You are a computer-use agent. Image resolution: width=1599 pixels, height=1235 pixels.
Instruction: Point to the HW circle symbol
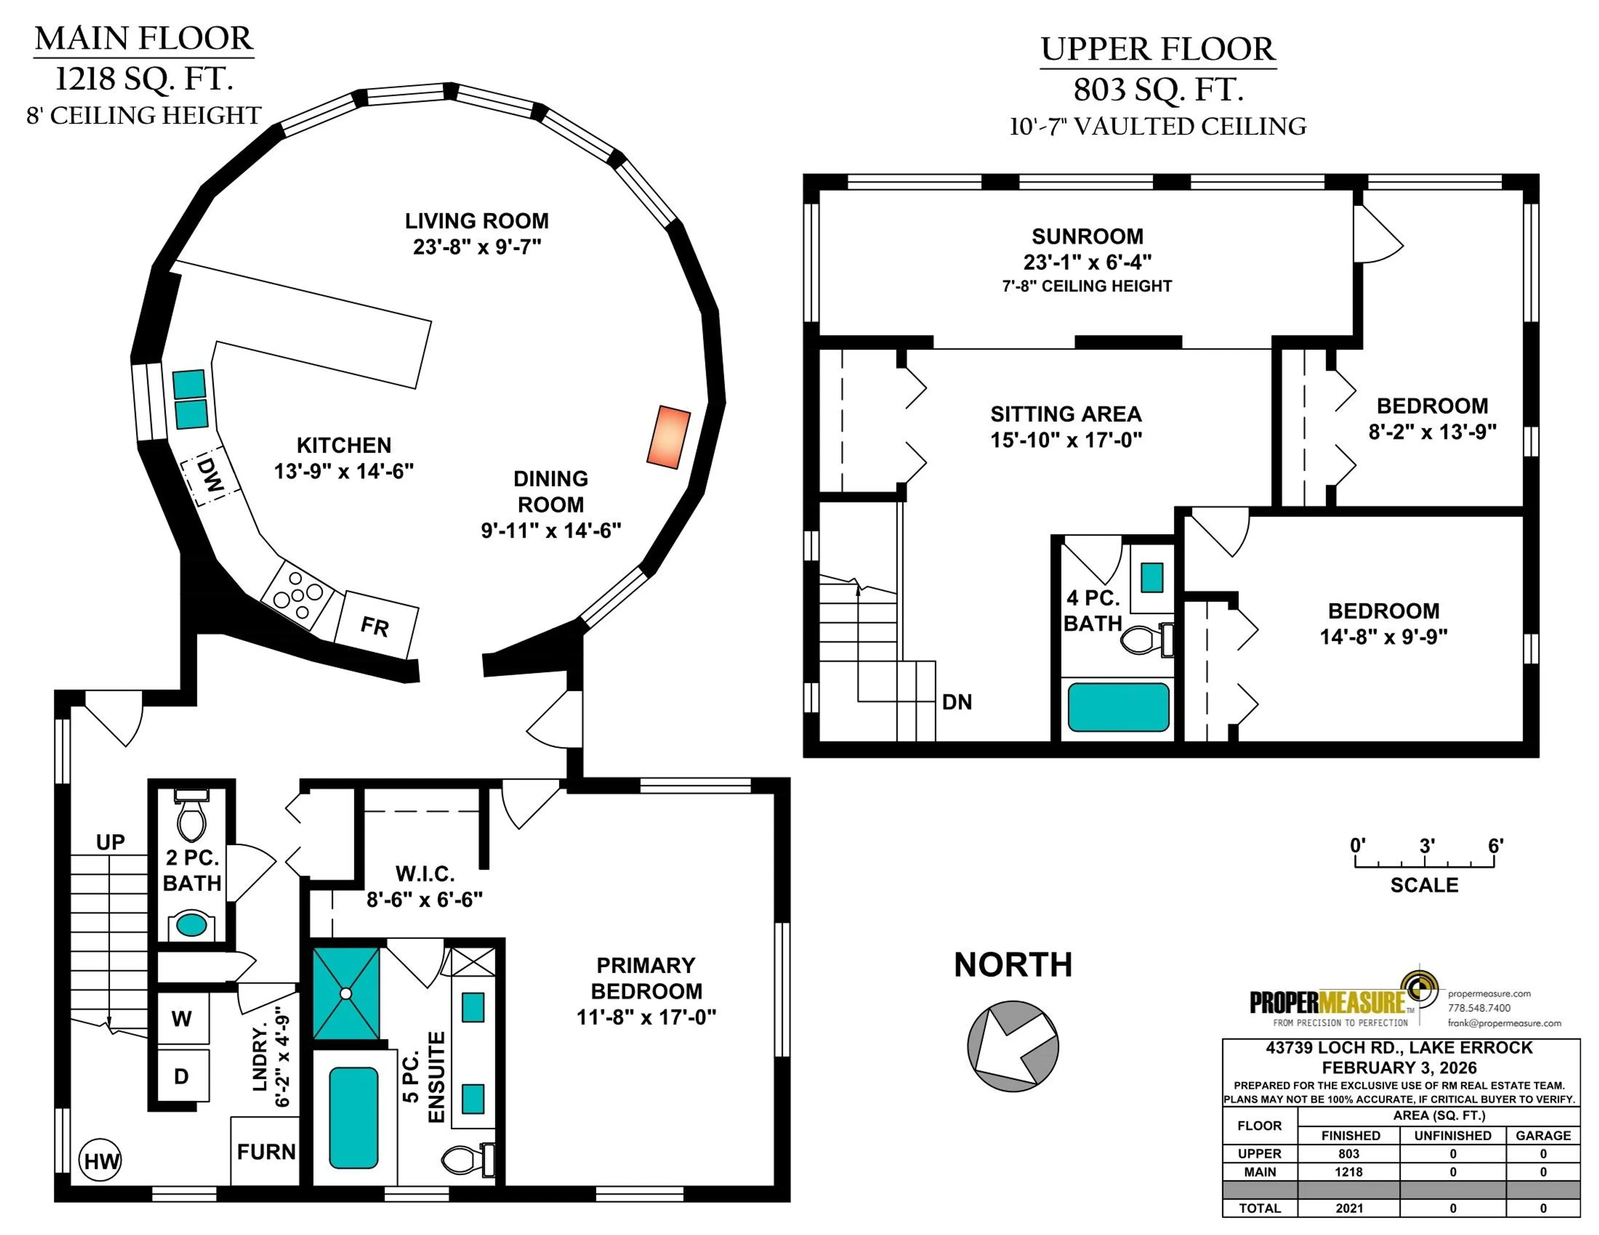pos(100,1160)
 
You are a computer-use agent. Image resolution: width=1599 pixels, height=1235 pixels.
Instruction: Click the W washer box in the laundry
pos(182,1018)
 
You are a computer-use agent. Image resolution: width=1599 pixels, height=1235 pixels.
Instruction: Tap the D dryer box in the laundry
pos(182,1076)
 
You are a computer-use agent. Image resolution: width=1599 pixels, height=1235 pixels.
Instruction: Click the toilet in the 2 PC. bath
pos(192,818)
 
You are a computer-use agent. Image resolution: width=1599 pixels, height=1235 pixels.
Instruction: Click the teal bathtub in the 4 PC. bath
pos(1118,707)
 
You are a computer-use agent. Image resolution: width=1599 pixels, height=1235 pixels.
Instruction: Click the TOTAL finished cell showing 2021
pos(1349,1208)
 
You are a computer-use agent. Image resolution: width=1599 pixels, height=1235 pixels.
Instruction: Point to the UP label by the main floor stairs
pos(110,842)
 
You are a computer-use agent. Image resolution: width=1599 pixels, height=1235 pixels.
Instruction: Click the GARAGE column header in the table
pos(1543,1136)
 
